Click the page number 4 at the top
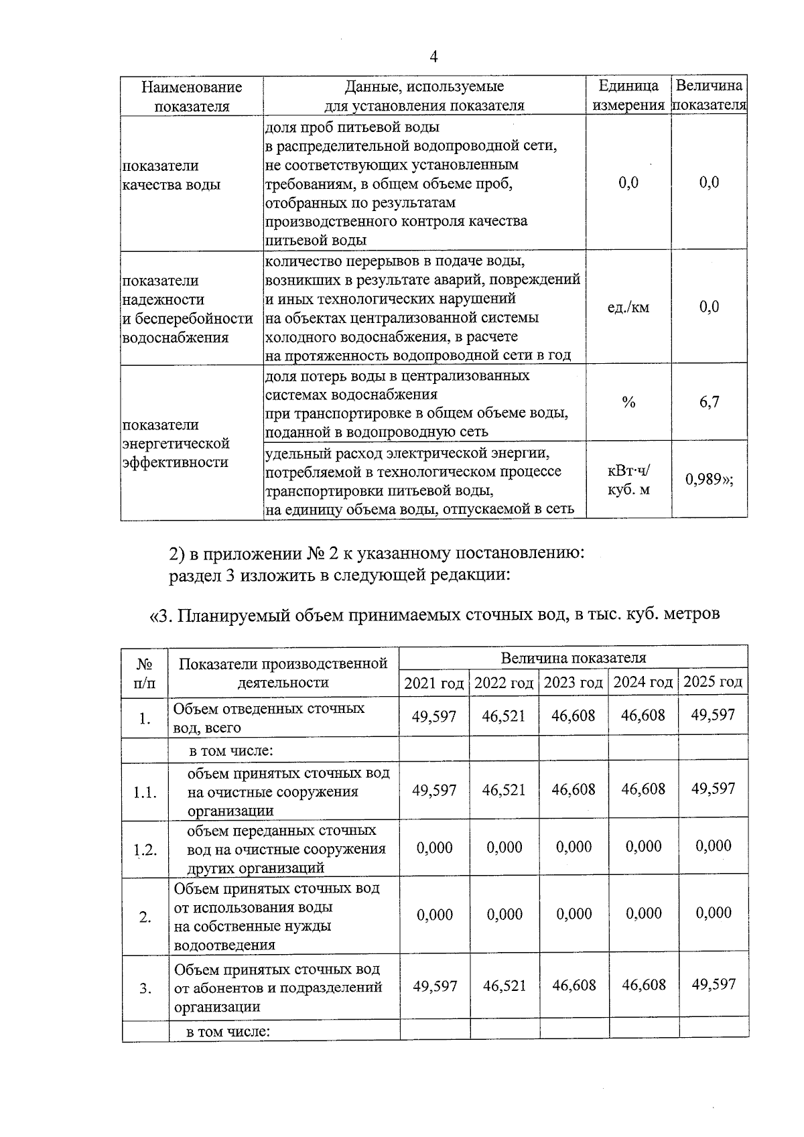coord(433,57)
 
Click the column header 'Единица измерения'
coord(628,95)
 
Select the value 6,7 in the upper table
coord(709,402)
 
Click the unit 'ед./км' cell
coord(628,308)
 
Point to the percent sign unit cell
coord(628,402)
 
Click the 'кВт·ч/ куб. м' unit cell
coord(628,480)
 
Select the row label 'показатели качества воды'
coord(171,175)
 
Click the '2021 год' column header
coord(434,683)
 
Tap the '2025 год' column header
coord(713,682)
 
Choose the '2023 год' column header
coord(574,683)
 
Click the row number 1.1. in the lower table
coord(145,793)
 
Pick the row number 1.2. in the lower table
coord(145,850)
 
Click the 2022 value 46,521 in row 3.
coord(504,986)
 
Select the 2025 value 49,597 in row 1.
coord(713,715)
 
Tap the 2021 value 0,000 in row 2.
coord(434,915)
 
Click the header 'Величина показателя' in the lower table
coord(573,657)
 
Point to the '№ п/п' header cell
coord(145,673)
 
